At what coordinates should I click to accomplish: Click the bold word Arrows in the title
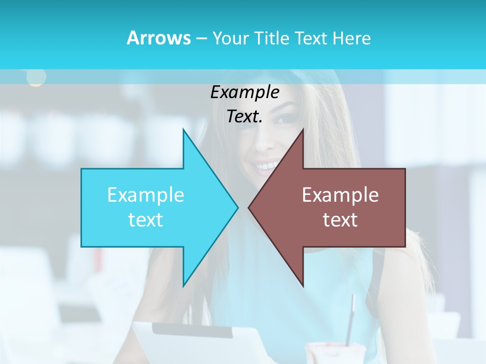coord(159,38)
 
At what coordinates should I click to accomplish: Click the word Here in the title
coord(352,38)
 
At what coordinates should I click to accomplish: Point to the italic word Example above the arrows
coord(245,93)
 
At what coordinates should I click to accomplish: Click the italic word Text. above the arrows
coord(245,117)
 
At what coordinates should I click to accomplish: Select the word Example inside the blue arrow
coord(146,195)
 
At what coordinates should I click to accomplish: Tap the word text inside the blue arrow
coord(146,220)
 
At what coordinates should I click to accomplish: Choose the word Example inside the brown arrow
coord(340,195)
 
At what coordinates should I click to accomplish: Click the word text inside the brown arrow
coord(340,220)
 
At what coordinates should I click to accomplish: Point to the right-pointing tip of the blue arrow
coord(237,207)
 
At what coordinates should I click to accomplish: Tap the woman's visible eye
coord(285,119)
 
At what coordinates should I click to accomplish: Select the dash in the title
coord(201,38)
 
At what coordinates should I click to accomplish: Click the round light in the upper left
coord(36,77)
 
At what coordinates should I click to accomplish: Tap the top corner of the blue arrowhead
coord(183,130)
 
